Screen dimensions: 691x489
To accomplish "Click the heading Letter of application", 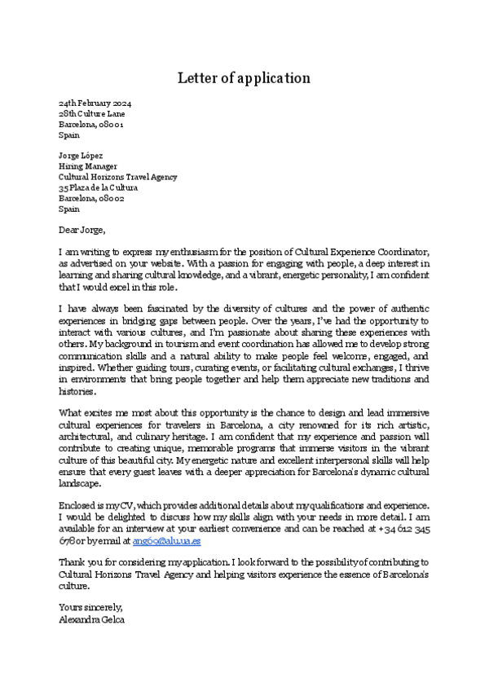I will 244,78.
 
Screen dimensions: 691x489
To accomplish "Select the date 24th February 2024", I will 95,104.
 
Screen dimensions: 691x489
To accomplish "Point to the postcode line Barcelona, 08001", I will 91,125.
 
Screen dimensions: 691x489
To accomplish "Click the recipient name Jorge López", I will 81,156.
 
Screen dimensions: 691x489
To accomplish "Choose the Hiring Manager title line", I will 88,166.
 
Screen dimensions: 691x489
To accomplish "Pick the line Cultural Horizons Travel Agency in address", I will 117,177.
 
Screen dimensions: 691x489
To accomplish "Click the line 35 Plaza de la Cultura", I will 98,187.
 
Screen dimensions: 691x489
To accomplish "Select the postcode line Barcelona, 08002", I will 91,198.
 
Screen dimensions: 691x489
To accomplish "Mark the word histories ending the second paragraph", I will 77,390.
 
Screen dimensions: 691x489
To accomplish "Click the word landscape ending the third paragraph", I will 80,482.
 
